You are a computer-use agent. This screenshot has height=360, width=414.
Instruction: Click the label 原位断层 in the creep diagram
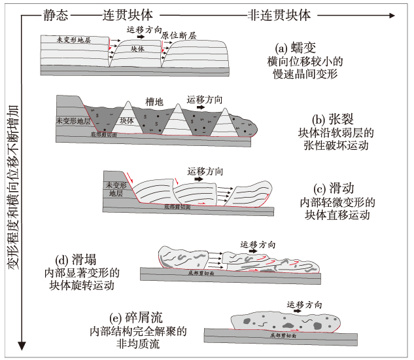pyautogui.click(x=178, y=36)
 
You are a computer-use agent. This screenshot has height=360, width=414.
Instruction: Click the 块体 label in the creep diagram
pyautogui.click(x=137, y=49)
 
